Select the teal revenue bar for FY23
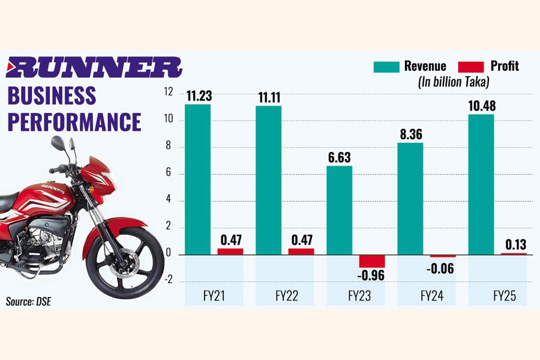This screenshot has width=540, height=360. (339, 210)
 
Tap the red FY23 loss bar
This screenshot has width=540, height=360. (372, 260)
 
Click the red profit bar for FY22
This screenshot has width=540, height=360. (301, 251)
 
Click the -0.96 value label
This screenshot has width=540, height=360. (372, 277)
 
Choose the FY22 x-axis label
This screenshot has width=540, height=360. (287, 296)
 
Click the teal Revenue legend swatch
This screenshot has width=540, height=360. (386, 66)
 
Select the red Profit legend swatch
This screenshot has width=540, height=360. (471, 66)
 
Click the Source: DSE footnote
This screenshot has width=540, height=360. (29, 301)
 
